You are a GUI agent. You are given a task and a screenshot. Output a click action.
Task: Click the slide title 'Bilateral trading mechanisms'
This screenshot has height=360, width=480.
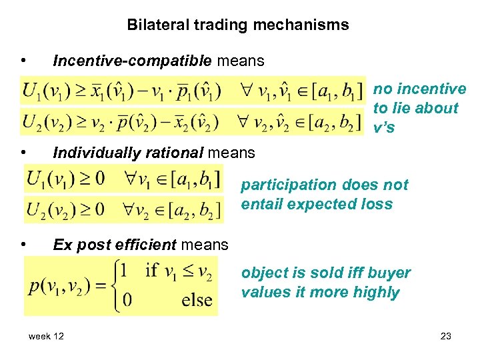(x=238, y=25)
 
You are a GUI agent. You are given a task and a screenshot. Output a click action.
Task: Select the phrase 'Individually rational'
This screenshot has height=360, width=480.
(x=127, y=153)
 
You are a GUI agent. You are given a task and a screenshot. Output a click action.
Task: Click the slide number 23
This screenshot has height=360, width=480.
(x=446, y=337)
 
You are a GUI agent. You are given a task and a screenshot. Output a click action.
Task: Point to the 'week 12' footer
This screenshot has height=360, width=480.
(x=46, y=337)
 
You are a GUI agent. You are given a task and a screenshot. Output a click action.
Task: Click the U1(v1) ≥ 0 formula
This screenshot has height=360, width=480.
(x=65, y=179)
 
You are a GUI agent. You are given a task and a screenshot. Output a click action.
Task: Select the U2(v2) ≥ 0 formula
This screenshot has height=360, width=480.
(x=65, y=209)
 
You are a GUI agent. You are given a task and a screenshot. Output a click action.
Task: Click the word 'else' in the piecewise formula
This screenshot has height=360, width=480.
(x=197, y=299)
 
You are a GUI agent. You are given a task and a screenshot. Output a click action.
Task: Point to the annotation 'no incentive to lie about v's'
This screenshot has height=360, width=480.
(x=419, y=108)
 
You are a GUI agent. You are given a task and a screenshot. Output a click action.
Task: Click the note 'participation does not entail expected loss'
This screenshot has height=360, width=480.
(x=325, y=194)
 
